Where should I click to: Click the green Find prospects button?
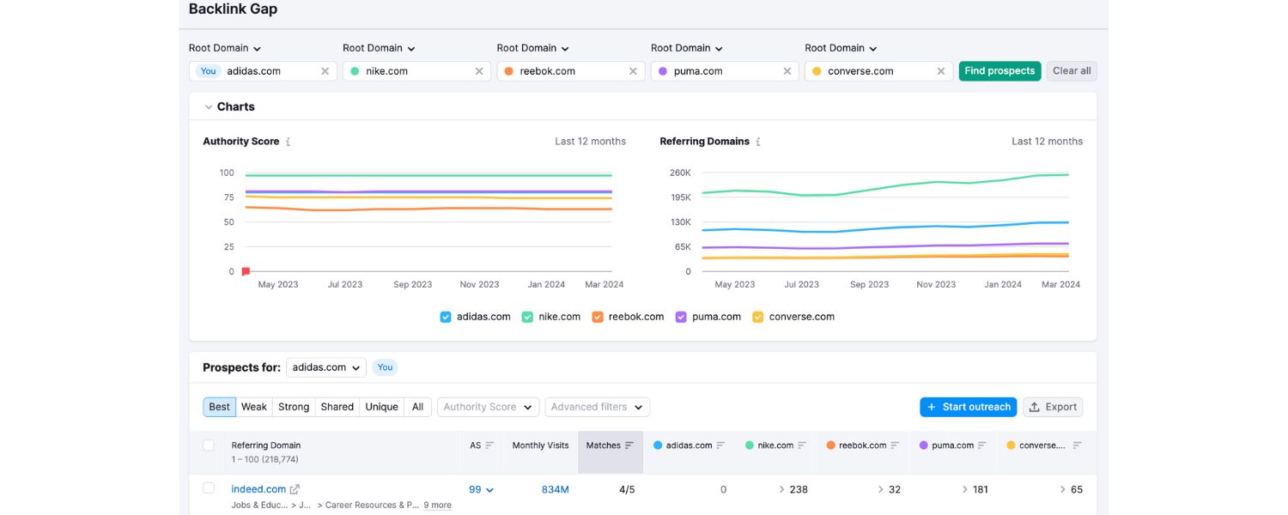(x=999, y=71)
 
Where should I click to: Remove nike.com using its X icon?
(x=479, y=71)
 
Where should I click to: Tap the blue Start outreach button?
(x=968, y=407)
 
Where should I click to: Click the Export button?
(x=1053, y=407)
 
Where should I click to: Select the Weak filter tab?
(x=253, y=407)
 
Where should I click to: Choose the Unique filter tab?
(x=381, y=407)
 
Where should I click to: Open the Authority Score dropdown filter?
(x=488, y=407)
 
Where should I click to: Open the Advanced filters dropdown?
(x=597, y=407)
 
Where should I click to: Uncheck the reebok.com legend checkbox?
(x=598, y=317)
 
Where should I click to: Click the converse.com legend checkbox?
(x=758, y=317)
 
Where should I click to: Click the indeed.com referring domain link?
(x=258, y=489)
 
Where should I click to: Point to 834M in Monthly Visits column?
(x=555, y=489)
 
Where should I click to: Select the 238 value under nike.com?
(x=798, y=489)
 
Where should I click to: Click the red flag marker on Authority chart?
(x=246, y=271)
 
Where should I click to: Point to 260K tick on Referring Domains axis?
(x=680, y=173)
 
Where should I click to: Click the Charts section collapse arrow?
(x=209, y=107)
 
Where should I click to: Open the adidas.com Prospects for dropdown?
(x=326, y=367)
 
